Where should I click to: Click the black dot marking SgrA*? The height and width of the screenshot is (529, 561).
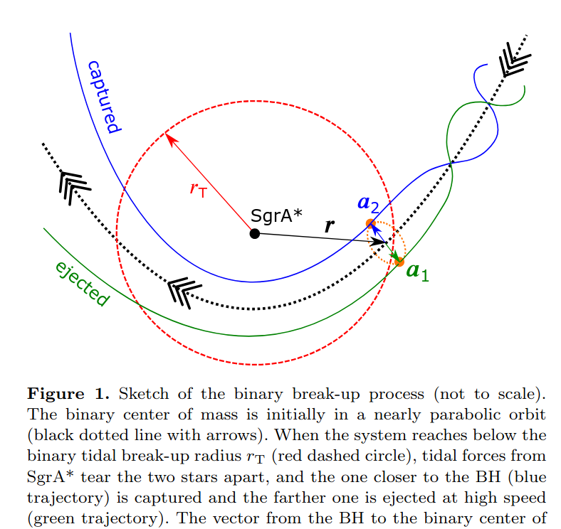254,233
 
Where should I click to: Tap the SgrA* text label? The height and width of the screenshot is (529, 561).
277,215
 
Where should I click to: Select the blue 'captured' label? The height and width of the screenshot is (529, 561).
102,97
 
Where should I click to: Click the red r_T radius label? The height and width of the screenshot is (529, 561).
198,189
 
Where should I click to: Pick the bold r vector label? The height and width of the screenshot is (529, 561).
329,226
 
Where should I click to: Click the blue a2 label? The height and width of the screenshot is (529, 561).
368,204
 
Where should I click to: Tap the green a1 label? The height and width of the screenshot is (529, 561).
417,272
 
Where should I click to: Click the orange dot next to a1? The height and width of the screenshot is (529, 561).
399,262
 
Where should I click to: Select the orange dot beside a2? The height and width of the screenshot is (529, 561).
370,224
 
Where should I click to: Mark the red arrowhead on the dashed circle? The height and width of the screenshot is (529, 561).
168,137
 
